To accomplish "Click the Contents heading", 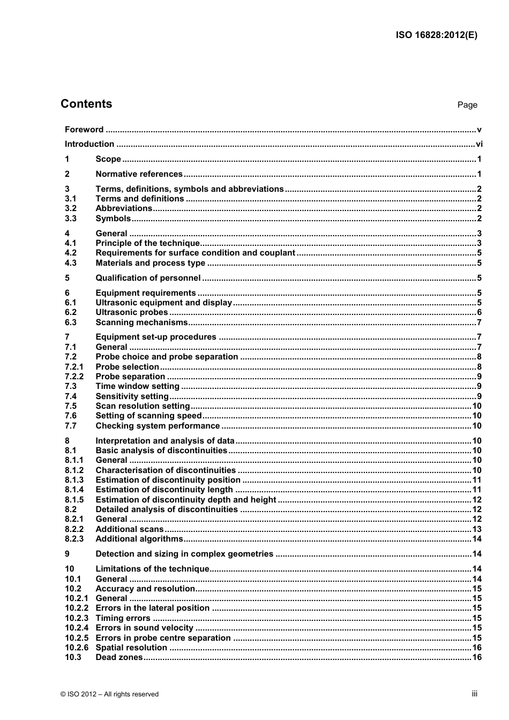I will [x=86, y=104].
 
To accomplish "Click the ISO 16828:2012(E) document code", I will [x=436, y=35].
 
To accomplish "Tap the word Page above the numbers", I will [x=467, y=105].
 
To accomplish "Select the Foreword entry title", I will [x=84, y=130].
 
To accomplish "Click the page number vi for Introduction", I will [x=479, y=144].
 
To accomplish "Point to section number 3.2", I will [x=71, y=208].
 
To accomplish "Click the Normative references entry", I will [x=139, y=174].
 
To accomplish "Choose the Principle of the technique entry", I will [x=147, y=243].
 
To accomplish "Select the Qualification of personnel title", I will [x=148, y=278].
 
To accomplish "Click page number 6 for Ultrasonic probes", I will [x=479, y=313].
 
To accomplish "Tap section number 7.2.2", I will [x=74, y=377].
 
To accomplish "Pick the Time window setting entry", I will [x=137, y=386].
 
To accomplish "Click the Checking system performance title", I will [x=158, y=426].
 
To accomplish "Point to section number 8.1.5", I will [x=74, y=500].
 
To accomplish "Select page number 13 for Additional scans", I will [x=477, y=529].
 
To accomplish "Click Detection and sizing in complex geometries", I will [x=184, y=554].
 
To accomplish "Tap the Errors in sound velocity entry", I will [x=144, y=628].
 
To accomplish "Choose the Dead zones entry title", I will [x=119, y=657].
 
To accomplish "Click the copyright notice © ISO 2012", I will [x=109, y=694].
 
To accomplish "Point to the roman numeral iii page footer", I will [x=474, y=694].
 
